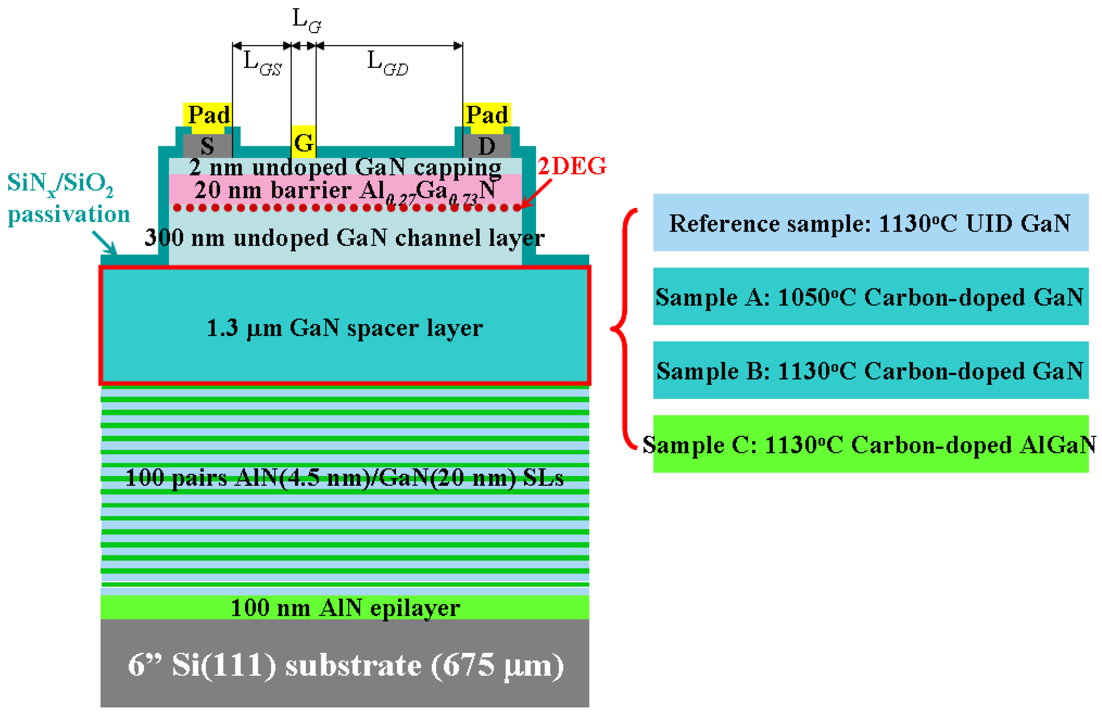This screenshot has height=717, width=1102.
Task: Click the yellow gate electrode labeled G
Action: pyautogui.click(x=303, y=142)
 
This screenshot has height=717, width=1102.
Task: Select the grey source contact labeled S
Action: pyautogui.click(x=207, y=146)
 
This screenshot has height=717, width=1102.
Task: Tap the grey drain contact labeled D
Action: pyautogui.click(x=487, y=146)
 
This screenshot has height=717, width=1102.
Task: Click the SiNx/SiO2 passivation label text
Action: pyautogui.click(x=68, y=198)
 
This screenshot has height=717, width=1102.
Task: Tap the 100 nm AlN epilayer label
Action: pyautogui.click(x=345, y=607)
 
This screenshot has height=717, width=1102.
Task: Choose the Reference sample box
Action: pyautogui.click(x=870, y=223)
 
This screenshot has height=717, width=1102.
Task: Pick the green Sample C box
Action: pyautogui.click(x=870, y=444)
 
